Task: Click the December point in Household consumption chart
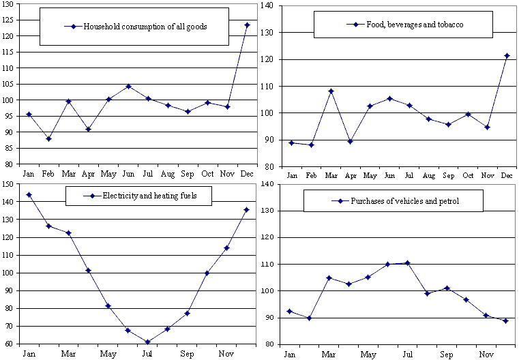click(247, 25)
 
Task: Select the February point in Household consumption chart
click(48, 138)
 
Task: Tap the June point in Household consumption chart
click(128, 87)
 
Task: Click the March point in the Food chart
click(331, 91)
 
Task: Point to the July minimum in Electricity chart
click(147, 342)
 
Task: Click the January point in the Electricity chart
click(29, 195)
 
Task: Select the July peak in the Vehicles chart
click(407, 262)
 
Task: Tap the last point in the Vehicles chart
click(505, 320)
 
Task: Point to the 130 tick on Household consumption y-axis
click(10, 5)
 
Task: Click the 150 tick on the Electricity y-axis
click(9, 184)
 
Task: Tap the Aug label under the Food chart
click(429, 175)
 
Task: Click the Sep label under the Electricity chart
click(187, 355)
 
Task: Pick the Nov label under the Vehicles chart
click(486, 355)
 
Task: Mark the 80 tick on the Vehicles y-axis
click(269, 344)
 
